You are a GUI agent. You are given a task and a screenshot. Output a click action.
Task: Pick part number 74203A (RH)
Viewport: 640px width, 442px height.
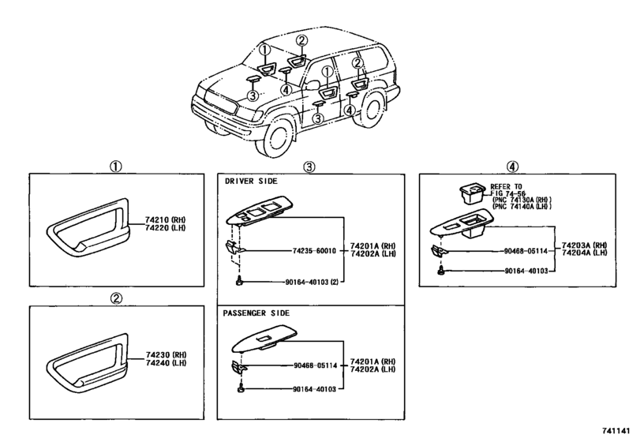click(x=589, y=245)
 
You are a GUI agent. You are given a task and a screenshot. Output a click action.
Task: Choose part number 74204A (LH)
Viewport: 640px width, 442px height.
click(x=589, y=255)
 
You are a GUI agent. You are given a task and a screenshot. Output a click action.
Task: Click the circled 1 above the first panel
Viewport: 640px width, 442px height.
click(x=114, y=166)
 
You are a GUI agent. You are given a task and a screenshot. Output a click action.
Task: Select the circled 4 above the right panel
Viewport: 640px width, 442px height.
click(x=513, y=166)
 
